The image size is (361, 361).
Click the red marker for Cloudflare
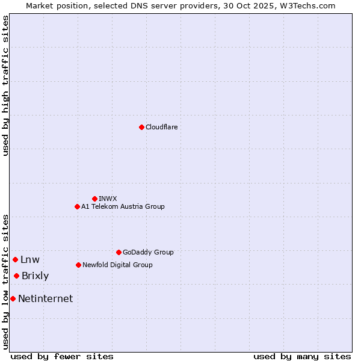click(x=141, y=127)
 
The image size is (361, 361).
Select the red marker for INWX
click(x=94, y=199)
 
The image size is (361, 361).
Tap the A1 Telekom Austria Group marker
click(x=77, y=206)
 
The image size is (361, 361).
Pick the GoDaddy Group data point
click(x=119, y=252)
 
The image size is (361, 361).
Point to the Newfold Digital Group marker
click(x=78, y=265)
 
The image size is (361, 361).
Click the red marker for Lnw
click(x=15, y=259)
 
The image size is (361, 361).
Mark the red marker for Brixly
click(x=16, y=276)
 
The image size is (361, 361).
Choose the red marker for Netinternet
click(x=13, y=298)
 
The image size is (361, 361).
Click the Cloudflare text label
click(x=161, y=127)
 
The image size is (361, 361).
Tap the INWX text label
click(x=108, y=199)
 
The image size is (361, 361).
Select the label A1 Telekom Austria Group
click(x=123, y=206)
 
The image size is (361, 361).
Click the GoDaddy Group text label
click(x=148, y=252)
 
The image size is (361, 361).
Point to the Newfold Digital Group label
click(x=117, y=265)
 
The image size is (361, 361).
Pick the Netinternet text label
click(x=45, y=298)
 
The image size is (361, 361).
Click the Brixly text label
click(x=35, y=276)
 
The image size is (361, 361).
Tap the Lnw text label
click(x=29, y=260)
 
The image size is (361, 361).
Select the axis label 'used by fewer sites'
click(x=62, y=356)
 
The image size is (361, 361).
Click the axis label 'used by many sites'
click(x=302, y=356)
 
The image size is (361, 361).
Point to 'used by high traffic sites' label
click(x=5, y=85)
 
